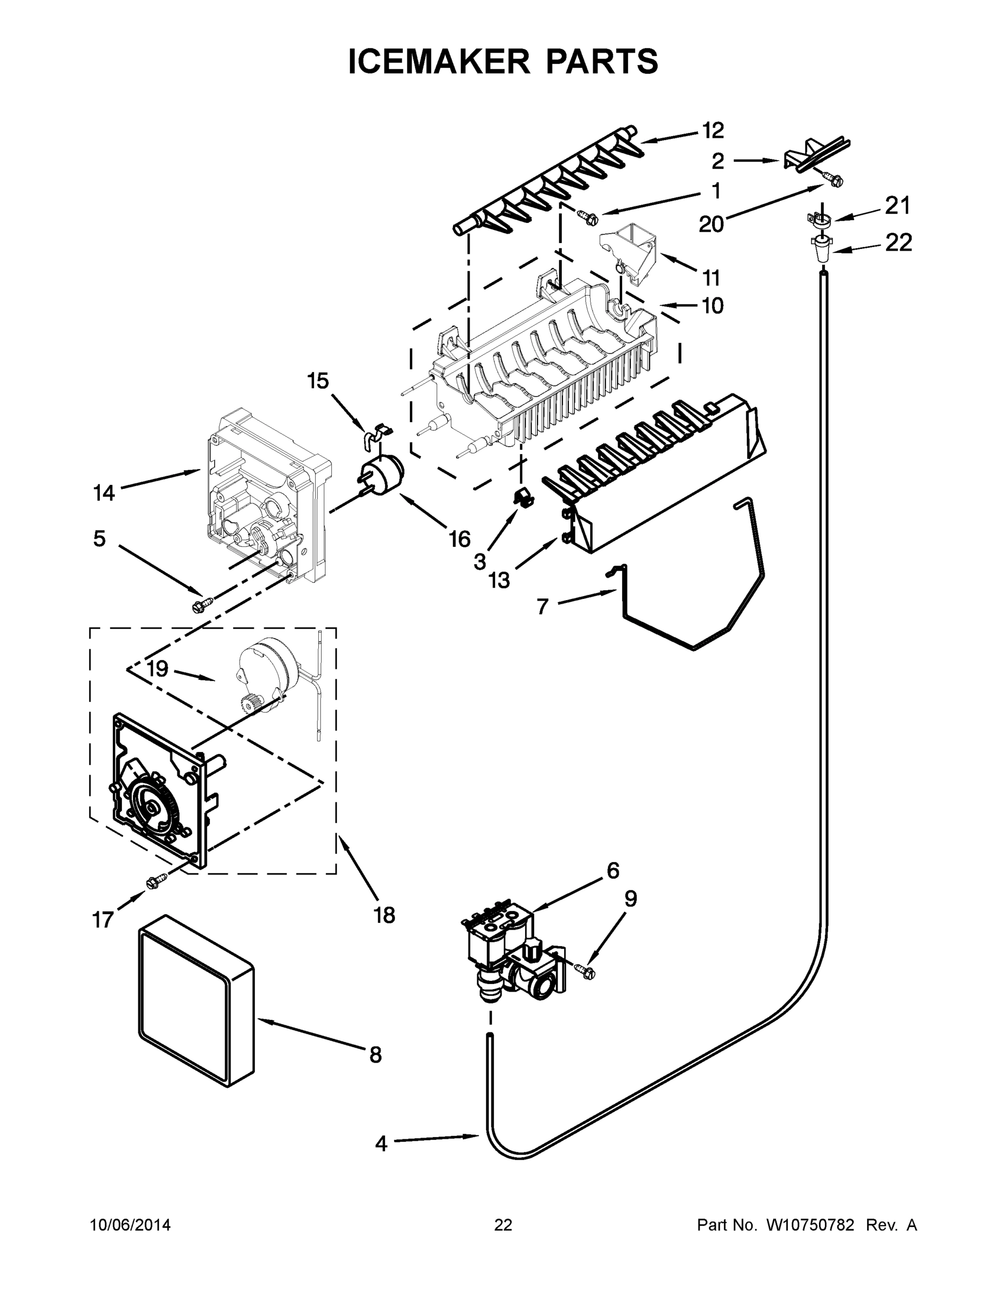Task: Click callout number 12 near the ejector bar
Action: pos(713,130)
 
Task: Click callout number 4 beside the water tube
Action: pos(381,1144)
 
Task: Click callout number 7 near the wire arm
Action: pos(542,607)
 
